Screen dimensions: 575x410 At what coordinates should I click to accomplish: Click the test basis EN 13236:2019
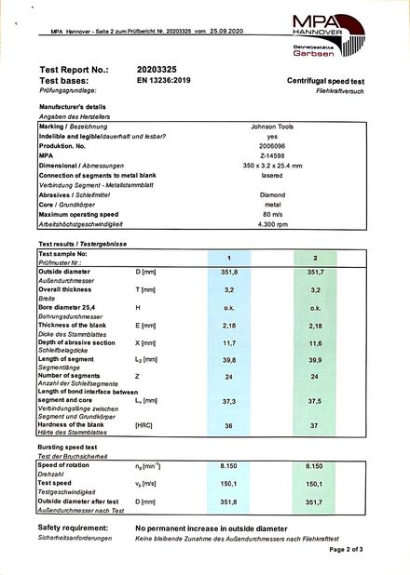[x=168, y=81]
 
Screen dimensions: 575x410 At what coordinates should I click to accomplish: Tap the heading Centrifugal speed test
[x=332, y=82]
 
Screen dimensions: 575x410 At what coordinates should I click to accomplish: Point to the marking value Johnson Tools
[x=272, y=126]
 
